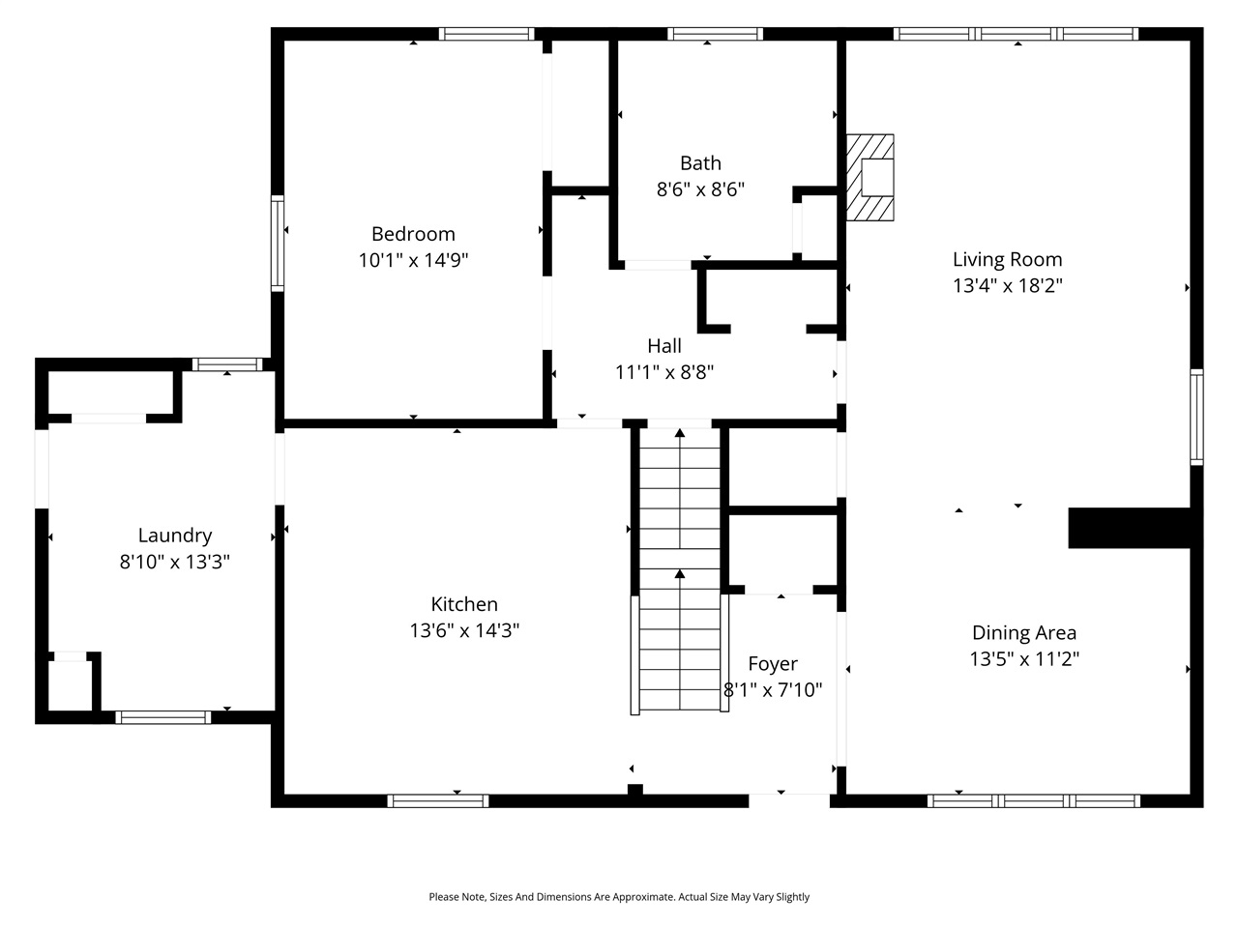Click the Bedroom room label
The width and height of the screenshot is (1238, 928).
pos(413,234)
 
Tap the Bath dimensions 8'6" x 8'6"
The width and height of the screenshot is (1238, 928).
pos(700,189)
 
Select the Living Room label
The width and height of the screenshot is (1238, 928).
pos(1007,259)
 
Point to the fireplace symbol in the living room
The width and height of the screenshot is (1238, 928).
pos(871,178)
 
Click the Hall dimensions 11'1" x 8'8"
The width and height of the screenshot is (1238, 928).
pos(664,372)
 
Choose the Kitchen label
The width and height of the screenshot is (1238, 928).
pos(464,604)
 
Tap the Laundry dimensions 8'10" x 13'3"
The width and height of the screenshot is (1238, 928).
pos(174,562)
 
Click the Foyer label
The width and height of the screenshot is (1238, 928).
pos(773,664)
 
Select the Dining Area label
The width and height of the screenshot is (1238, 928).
pos(1023,633)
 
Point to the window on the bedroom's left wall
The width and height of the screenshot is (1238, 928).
pos(278,243)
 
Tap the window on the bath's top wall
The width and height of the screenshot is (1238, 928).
pos(715,34)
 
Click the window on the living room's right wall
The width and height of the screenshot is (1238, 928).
pos(1196,418)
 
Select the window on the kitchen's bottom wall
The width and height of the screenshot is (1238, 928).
pos(438,800)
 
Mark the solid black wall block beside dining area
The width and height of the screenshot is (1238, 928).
pos(1128,529)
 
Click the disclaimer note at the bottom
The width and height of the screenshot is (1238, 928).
pos(619,897)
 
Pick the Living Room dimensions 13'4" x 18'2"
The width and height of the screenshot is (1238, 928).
pos(1007,286)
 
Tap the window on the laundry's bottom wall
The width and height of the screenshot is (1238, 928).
pos(162,717)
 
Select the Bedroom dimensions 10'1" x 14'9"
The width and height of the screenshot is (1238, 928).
pos(413,260)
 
